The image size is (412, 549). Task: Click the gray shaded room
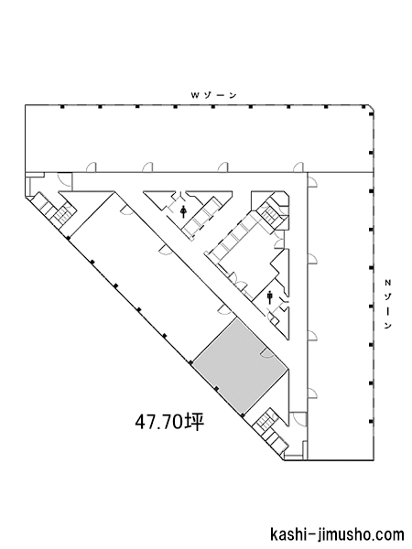coord(241,367)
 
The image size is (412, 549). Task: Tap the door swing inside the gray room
coord(266,353)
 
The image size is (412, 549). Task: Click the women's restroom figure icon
coord(183,211)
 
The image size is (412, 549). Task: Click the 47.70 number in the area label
coord(159,422)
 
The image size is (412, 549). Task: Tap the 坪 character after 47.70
coord(194,422)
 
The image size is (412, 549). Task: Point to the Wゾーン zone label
coord(213,95)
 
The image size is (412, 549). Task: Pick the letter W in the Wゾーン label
coord(194,95)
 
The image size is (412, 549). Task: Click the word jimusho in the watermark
coord(343,534)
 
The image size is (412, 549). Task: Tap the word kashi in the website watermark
coord(288,534)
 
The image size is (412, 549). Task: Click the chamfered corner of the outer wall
coord(372,107)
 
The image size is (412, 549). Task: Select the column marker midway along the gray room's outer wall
coord(217,389)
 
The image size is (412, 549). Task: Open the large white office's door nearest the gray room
coord(224,308)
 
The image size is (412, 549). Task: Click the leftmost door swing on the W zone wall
coord(91,167)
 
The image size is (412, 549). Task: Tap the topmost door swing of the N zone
coord(312,181)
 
